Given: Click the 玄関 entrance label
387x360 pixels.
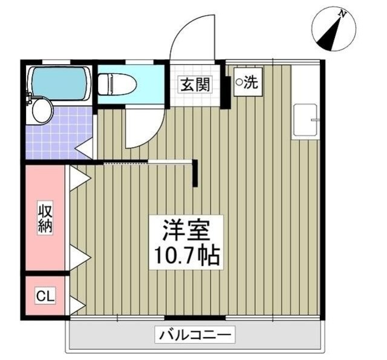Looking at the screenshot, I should [194, 84].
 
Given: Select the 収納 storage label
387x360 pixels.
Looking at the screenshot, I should [45, 219].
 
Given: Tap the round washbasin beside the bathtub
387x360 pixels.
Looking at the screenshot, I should [42, 111].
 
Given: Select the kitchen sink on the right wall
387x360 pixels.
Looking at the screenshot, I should [305, 122].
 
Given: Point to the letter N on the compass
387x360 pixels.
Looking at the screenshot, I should [343, 13].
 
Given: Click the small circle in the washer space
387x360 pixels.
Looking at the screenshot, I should [239, 82].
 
